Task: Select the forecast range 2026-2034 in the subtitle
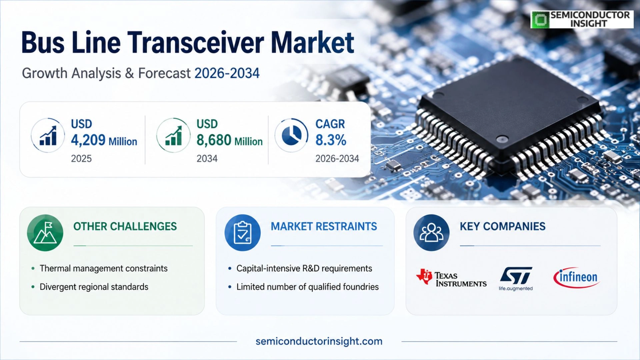[227, 73]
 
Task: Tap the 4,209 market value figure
[88, 140]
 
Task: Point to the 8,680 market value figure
[214, 140]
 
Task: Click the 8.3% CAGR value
[331, 140]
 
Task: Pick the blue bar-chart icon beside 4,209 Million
[48, 135]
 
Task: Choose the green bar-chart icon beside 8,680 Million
[173, 135]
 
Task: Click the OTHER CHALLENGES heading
[125, 226]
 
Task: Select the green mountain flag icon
[45, 233]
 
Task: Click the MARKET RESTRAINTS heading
[324, 226]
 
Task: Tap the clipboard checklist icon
[243, 233]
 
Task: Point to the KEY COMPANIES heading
[503, 226]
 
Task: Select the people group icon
[431, 233]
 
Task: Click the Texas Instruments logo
[451, 278]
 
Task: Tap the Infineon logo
[577, 277]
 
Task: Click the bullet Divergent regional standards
[94, 287]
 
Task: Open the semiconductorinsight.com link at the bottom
[319, 341]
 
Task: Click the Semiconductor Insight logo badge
[582, 19]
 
